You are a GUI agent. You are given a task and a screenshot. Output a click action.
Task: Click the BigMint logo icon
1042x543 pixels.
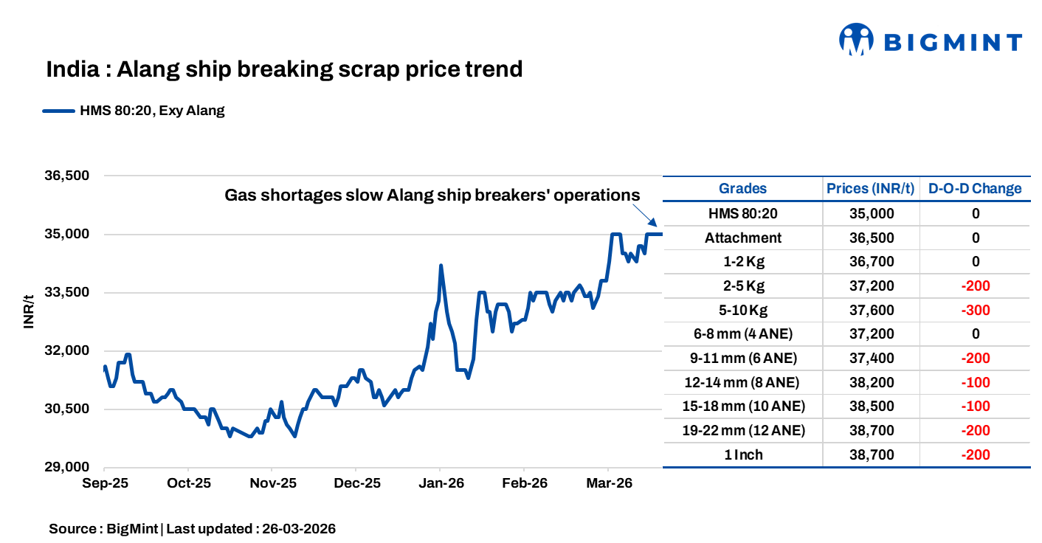click(x=856, y=40)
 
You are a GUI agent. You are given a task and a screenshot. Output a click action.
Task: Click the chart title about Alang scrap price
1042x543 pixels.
click(x=284, y=69)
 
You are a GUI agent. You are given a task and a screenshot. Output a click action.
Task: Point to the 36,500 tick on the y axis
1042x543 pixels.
click(x=67, y=176)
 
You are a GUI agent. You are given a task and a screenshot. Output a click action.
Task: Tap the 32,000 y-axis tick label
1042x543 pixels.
click(x=67, y=350)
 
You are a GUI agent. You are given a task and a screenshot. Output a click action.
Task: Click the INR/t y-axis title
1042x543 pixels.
click(x=30, y=312)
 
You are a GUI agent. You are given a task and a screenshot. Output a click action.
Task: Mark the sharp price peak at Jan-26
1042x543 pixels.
click(x=441, y=266)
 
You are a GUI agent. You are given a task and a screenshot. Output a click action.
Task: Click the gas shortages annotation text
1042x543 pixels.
click(x=432, y=196)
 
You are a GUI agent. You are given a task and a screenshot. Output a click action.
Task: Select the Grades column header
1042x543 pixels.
click(x=742, y=188)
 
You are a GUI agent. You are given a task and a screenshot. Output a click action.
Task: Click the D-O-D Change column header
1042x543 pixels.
click(x=975, y=188)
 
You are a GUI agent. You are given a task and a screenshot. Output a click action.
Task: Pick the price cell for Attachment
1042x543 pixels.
click(x=871, y=238)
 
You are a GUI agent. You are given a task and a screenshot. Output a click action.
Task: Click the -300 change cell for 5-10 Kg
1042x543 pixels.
click(x=975, y=310)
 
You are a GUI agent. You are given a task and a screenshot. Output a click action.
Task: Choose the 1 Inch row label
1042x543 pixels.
click(x=742, y=454)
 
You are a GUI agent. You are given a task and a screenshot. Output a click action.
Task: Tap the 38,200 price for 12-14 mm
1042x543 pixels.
click(x=871, y=382)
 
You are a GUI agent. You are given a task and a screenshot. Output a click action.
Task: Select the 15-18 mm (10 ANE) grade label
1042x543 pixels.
click(x=742, y=407)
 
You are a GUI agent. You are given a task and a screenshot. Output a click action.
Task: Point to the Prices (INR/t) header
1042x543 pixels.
click(x=871, y=188)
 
